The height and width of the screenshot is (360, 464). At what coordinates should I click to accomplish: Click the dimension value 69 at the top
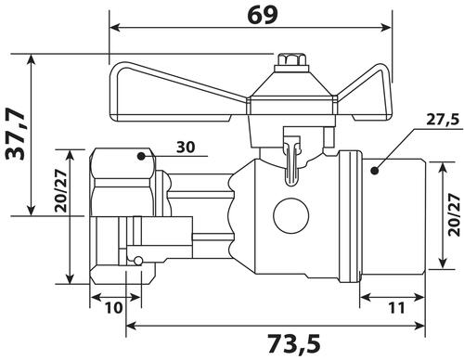(x=263, y=15)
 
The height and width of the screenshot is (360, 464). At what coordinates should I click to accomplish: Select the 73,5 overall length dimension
(x=293, y=343)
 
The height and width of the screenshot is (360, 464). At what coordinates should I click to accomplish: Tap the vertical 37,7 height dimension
(x=15, y=134)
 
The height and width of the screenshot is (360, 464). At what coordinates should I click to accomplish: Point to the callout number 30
(x=186, y=147)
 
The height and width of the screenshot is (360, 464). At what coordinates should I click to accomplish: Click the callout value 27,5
(x=443, y=120)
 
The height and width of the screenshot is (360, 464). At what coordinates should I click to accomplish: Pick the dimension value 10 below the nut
(x=114, y=308)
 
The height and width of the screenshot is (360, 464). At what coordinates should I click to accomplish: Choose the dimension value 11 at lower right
(x=396, y=308)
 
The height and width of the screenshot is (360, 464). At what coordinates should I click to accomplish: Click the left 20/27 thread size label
(x=60, y=191)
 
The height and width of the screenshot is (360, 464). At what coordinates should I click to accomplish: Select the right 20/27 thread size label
(x=454, y=215)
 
